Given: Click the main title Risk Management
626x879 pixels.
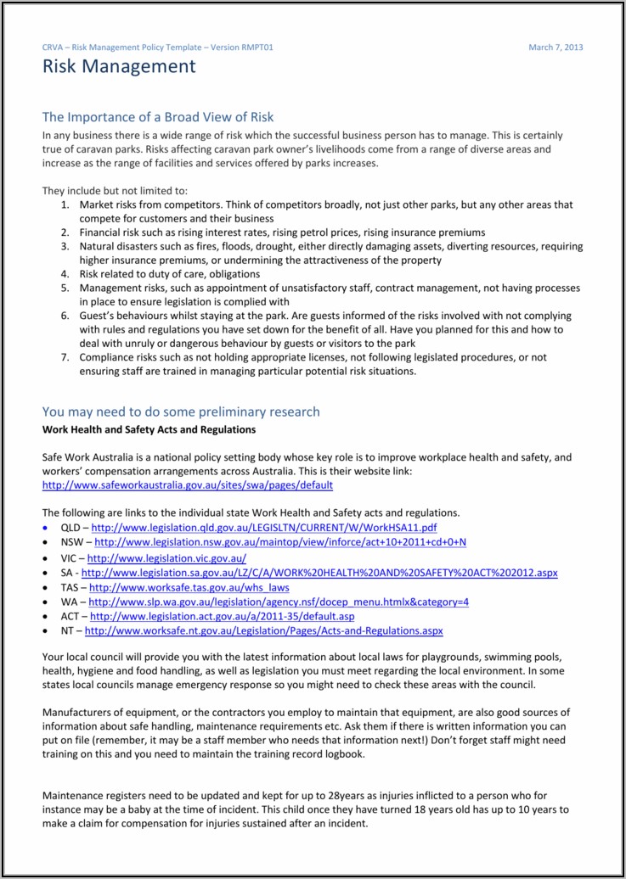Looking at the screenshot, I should (x=119, y=67).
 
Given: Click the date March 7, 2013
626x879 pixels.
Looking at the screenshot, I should (x=556, y=48).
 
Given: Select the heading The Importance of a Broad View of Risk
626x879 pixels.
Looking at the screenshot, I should (x=158, y=117).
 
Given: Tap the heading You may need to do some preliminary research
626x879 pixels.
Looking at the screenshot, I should (x=181, y=412).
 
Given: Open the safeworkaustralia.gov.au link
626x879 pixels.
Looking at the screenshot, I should (x=188, y=485).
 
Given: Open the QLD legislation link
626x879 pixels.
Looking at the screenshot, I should (x=263, y=528).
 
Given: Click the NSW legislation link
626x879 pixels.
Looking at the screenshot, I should (x=280, y=542).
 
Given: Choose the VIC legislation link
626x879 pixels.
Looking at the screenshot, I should (x=166, y=558).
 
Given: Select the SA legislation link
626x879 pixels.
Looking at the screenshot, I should (x=319, y=573).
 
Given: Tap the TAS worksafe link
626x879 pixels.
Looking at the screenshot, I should (x=189, y=587).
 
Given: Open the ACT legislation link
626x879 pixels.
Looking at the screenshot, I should (x=222, y=616).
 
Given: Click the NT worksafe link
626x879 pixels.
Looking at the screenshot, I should (x=263, y=631).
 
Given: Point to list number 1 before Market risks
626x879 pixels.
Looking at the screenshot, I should (x=65, y=205).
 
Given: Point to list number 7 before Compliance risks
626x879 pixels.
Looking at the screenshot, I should (x=65, y=358).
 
